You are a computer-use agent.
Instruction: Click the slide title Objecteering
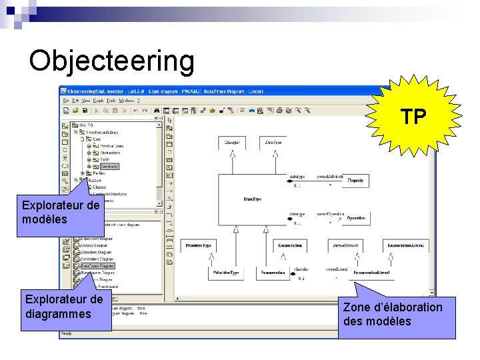pyautogui.click(x=112, y=61)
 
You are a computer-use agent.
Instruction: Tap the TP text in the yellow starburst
pyautogui.click(x=413, y=118)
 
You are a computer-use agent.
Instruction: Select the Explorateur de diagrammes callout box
pyautogui.click(x=64, y=307)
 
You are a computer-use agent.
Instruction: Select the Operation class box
pyautogui.click(x=355, y=217)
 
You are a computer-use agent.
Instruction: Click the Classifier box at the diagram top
pyautogui.click(x=232, y=143)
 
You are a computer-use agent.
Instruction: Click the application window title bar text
pyautogui.click(x=167, y=91)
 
